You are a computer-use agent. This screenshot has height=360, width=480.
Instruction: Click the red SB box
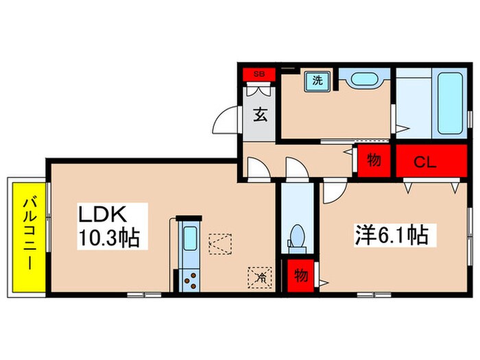tap(259, 73)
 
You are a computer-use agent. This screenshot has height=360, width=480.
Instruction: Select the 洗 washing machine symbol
tap(318, 80)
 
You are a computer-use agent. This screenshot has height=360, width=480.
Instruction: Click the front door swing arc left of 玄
tap(225, 121)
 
